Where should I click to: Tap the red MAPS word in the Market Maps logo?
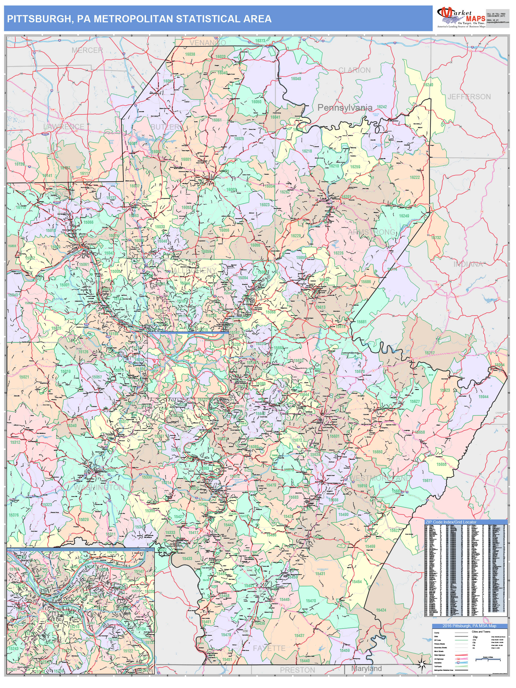(476, 19)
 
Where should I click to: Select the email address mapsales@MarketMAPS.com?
(498, 22)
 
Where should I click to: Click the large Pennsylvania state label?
(345, 107)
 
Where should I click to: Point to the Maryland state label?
(366, 668)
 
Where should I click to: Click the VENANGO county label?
(208, 43)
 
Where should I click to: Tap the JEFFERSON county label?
(469, 97)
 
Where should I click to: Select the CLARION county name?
(354, 70)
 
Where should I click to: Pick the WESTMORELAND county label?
(380, 478)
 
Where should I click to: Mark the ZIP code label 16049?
(295, 79)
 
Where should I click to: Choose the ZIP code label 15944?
(483, 397)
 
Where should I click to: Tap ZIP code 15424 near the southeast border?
(381, 610)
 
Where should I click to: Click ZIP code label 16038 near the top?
(190, 54)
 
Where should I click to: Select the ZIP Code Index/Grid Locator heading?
(451, 522)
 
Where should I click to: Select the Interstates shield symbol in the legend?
(458, 663)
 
